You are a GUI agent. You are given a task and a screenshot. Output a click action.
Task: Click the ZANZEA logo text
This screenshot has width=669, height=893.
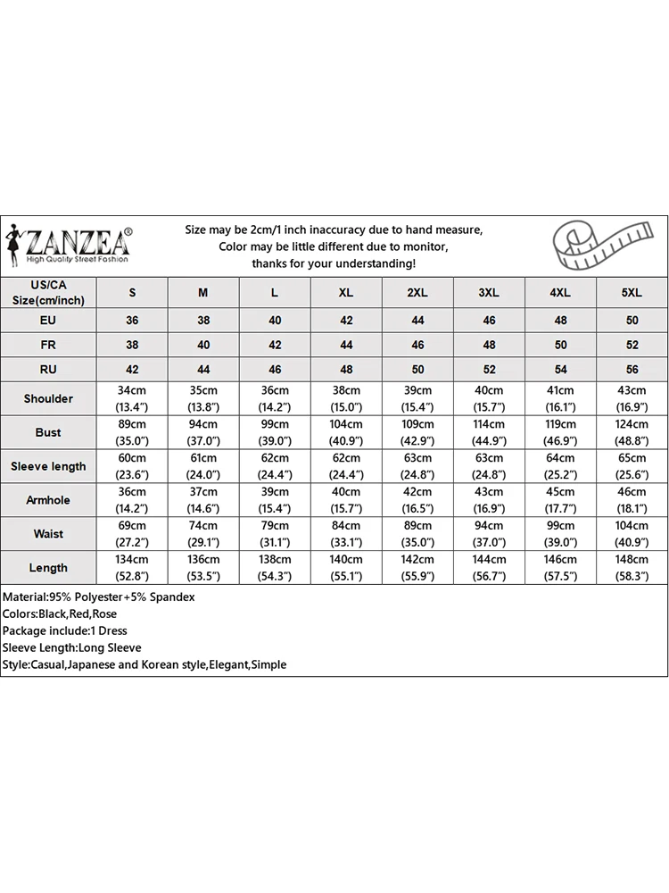[x=79, y=241]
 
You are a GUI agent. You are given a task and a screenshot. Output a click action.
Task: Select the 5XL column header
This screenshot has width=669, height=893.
[x=632, y=293]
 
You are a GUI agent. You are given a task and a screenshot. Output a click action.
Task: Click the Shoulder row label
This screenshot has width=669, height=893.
[x=48, y=398]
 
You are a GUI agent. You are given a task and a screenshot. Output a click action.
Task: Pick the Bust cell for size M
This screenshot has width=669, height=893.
[x=203, y=432]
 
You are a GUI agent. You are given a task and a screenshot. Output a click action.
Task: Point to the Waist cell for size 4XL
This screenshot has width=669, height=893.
[x=560, y=534]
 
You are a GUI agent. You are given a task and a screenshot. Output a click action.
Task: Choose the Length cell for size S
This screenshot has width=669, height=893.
[x=133, y=568]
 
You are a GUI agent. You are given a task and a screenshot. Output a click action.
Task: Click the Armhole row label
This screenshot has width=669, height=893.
[x=48, y=500]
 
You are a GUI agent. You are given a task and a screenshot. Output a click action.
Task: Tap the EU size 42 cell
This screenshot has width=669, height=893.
[x=346, y=320]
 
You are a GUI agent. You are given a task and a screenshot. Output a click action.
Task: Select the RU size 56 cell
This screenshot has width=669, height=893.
[x=632, y=369]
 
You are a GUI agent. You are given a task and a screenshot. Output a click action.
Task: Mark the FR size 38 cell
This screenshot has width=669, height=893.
[x=133, y=345]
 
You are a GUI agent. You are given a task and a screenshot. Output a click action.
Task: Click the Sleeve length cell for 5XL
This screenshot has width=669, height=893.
[x=632, y=466]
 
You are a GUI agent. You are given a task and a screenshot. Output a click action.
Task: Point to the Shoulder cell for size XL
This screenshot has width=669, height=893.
[x=346, y=398]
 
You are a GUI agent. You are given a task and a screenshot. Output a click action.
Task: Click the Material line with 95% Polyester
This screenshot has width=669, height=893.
[x=98, y=597]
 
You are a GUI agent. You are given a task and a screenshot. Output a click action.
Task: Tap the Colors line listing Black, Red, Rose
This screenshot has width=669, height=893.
[x=60, y=613]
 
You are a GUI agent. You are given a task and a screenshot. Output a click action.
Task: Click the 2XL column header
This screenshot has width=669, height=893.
[x=417, y=293]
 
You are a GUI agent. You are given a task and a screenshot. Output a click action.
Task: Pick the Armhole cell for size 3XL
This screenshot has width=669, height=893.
[x=489, y=500]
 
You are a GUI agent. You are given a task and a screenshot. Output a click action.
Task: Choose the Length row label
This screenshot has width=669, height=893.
[x=48, y=568]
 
